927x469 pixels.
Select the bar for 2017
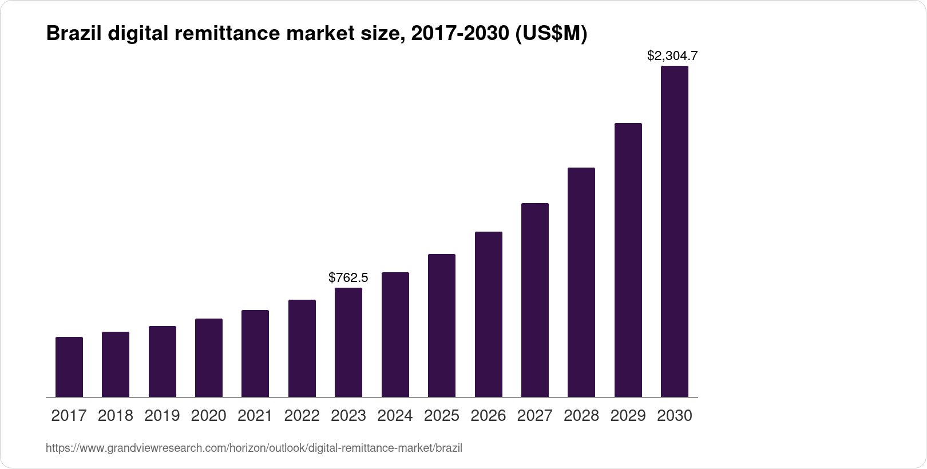point(69,367)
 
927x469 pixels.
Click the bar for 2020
point(209,357)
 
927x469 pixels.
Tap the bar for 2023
point(348,342)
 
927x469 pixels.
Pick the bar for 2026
point(489,314)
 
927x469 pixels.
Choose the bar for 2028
point(581,282)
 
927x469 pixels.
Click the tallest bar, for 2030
point(675,231)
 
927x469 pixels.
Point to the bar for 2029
point(628,260)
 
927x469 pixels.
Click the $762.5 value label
point(348,278)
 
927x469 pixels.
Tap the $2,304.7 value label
point(672,55)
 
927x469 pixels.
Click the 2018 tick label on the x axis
point(116,416)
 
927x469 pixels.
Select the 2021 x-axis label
point(255,416)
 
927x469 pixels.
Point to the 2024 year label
point(395,416)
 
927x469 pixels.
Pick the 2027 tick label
point(534,416)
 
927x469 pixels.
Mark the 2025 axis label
point(442,416)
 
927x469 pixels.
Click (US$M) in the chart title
point(551,34)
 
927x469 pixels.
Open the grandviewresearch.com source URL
point(253,448)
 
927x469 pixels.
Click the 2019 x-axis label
point(162,416)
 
